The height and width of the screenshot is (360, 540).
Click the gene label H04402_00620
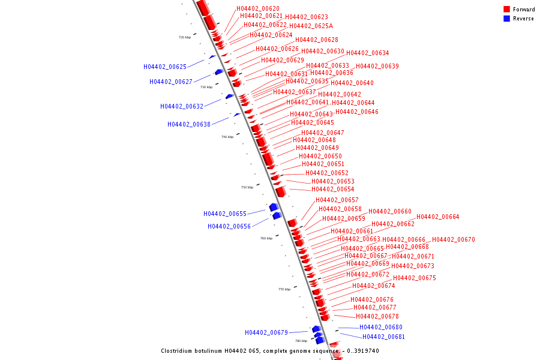coord(257,8)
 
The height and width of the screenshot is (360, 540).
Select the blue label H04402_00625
coord(164,67)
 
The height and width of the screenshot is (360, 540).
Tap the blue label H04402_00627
coord(170,82)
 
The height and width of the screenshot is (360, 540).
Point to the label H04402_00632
coord(181,106)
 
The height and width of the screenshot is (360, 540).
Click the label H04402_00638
coord(188,124)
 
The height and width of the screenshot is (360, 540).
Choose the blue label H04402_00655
coord(224,214)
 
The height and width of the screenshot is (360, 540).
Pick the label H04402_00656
coord(229,226)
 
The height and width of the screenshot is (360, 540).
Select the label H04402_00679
coord(266,332)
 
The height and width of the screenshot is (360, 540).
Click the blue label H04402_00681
coord(383,337)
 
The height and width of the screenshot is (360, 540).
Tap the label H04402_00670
coord(453,239)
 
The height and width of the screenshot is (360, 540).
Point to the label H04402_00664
coord(437,217)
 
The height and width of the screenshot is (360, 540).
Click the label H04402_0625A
coord(311,26)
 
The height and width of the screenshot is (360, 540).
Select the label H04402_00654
coord(332,189)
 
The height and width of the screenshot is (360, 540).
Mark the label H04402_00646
coord(356,112)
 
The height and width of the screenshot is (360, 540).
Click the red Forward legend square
coord(506,9)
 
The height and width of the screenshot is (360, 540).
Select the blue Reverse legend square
coord(506,19)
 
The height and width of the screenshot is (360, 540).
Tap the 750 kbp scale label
coord(247,187)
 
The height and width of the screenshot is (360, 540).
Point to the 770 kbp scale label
coord(284,289)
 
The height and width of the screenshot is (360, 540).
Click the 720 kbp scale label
coord(185,37)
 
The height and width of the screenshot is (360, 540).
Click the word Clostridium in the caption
coord(179,350)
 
